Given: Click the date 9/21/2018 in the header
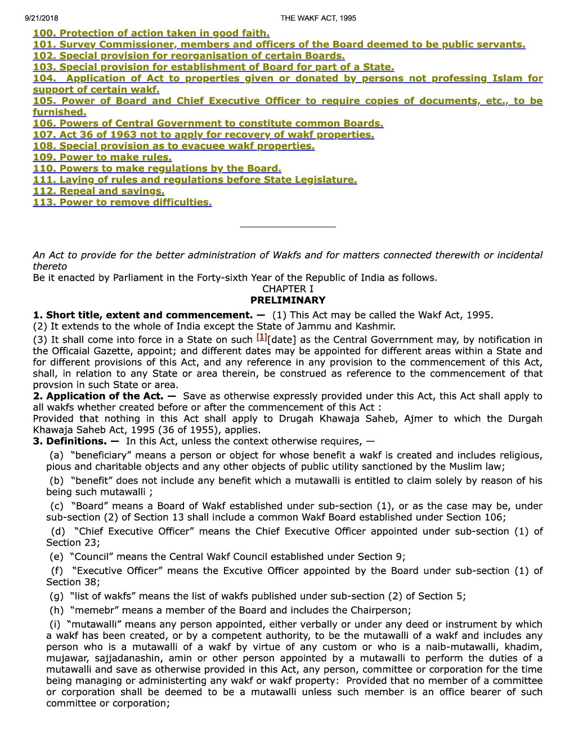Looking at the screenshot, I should point(41,18).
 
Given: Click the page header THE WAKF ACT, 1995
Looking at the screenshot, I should point(318,18).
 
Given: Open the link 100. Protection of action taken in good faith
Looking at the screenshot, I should point(151,33).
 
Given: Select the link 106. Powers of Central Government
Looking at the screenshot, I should point(208,123).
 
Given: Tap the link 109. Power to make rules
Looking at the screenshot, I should point(102,157).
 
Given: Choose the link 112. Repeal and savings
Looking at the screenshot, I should point(98,191).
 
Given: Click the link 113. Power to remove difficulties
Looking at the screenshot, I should point(122,202).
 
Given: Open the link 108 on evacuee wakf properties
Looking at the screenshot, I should point(173,146).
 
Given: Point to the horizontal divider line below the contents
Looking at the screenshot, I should point(288,227).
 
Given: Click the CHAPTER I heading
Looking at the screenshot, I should point(288,289).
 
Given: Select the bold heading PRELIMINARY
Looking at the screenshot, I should point(288,300).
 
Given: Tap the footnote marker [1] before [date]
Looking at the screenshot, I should point(262,337).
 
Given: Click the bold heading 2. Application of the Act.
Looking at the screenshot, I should point(104,396).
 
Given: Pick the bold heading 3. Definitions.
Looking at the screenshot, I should point(76,441).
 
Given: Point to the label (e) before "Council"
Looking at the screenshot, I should point(56,556).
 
